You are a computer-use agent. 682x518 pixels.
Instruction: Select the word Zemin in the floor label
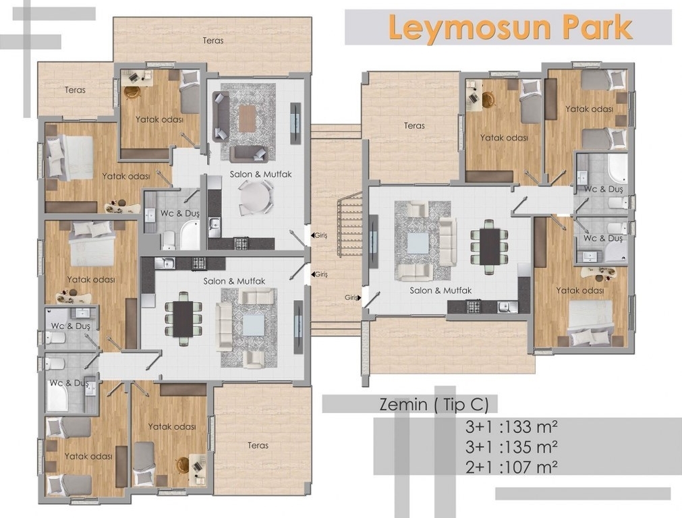(403, 405)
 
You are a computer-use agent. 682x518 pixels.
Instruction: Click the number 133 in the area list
(518, 427)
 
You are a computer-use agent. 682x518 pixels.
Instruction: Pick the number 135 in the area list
(518, 447)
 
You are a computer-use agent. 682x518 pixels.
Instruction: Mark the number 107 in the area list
(518, 467)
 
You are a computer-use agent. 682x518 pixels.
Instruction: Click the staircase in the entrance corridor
(351, 225)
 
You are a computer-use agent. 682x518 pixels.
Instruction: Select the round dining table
(256, 197)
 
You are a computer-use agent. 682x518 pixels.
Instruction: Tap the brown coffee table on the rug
(247, 118)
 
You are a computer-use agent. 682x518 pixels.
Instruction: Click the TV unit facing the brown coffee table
(295, 123)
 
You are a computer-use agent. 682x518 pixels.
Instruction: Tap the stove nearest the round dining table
(241, 243)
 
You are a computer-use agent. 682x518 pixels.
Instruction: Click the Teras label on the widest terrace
(213, 40)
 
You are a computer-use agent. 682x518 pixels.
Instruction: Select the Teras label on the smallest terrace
(76, 90)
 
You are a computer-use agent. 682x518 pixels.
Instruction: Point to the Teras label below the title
(414, 125)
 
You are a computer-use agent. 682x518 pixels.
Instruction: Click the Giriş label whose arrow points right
(351, 297)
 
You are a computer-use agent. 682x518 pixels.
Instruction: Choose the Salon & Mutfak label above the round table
(260, 174)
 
